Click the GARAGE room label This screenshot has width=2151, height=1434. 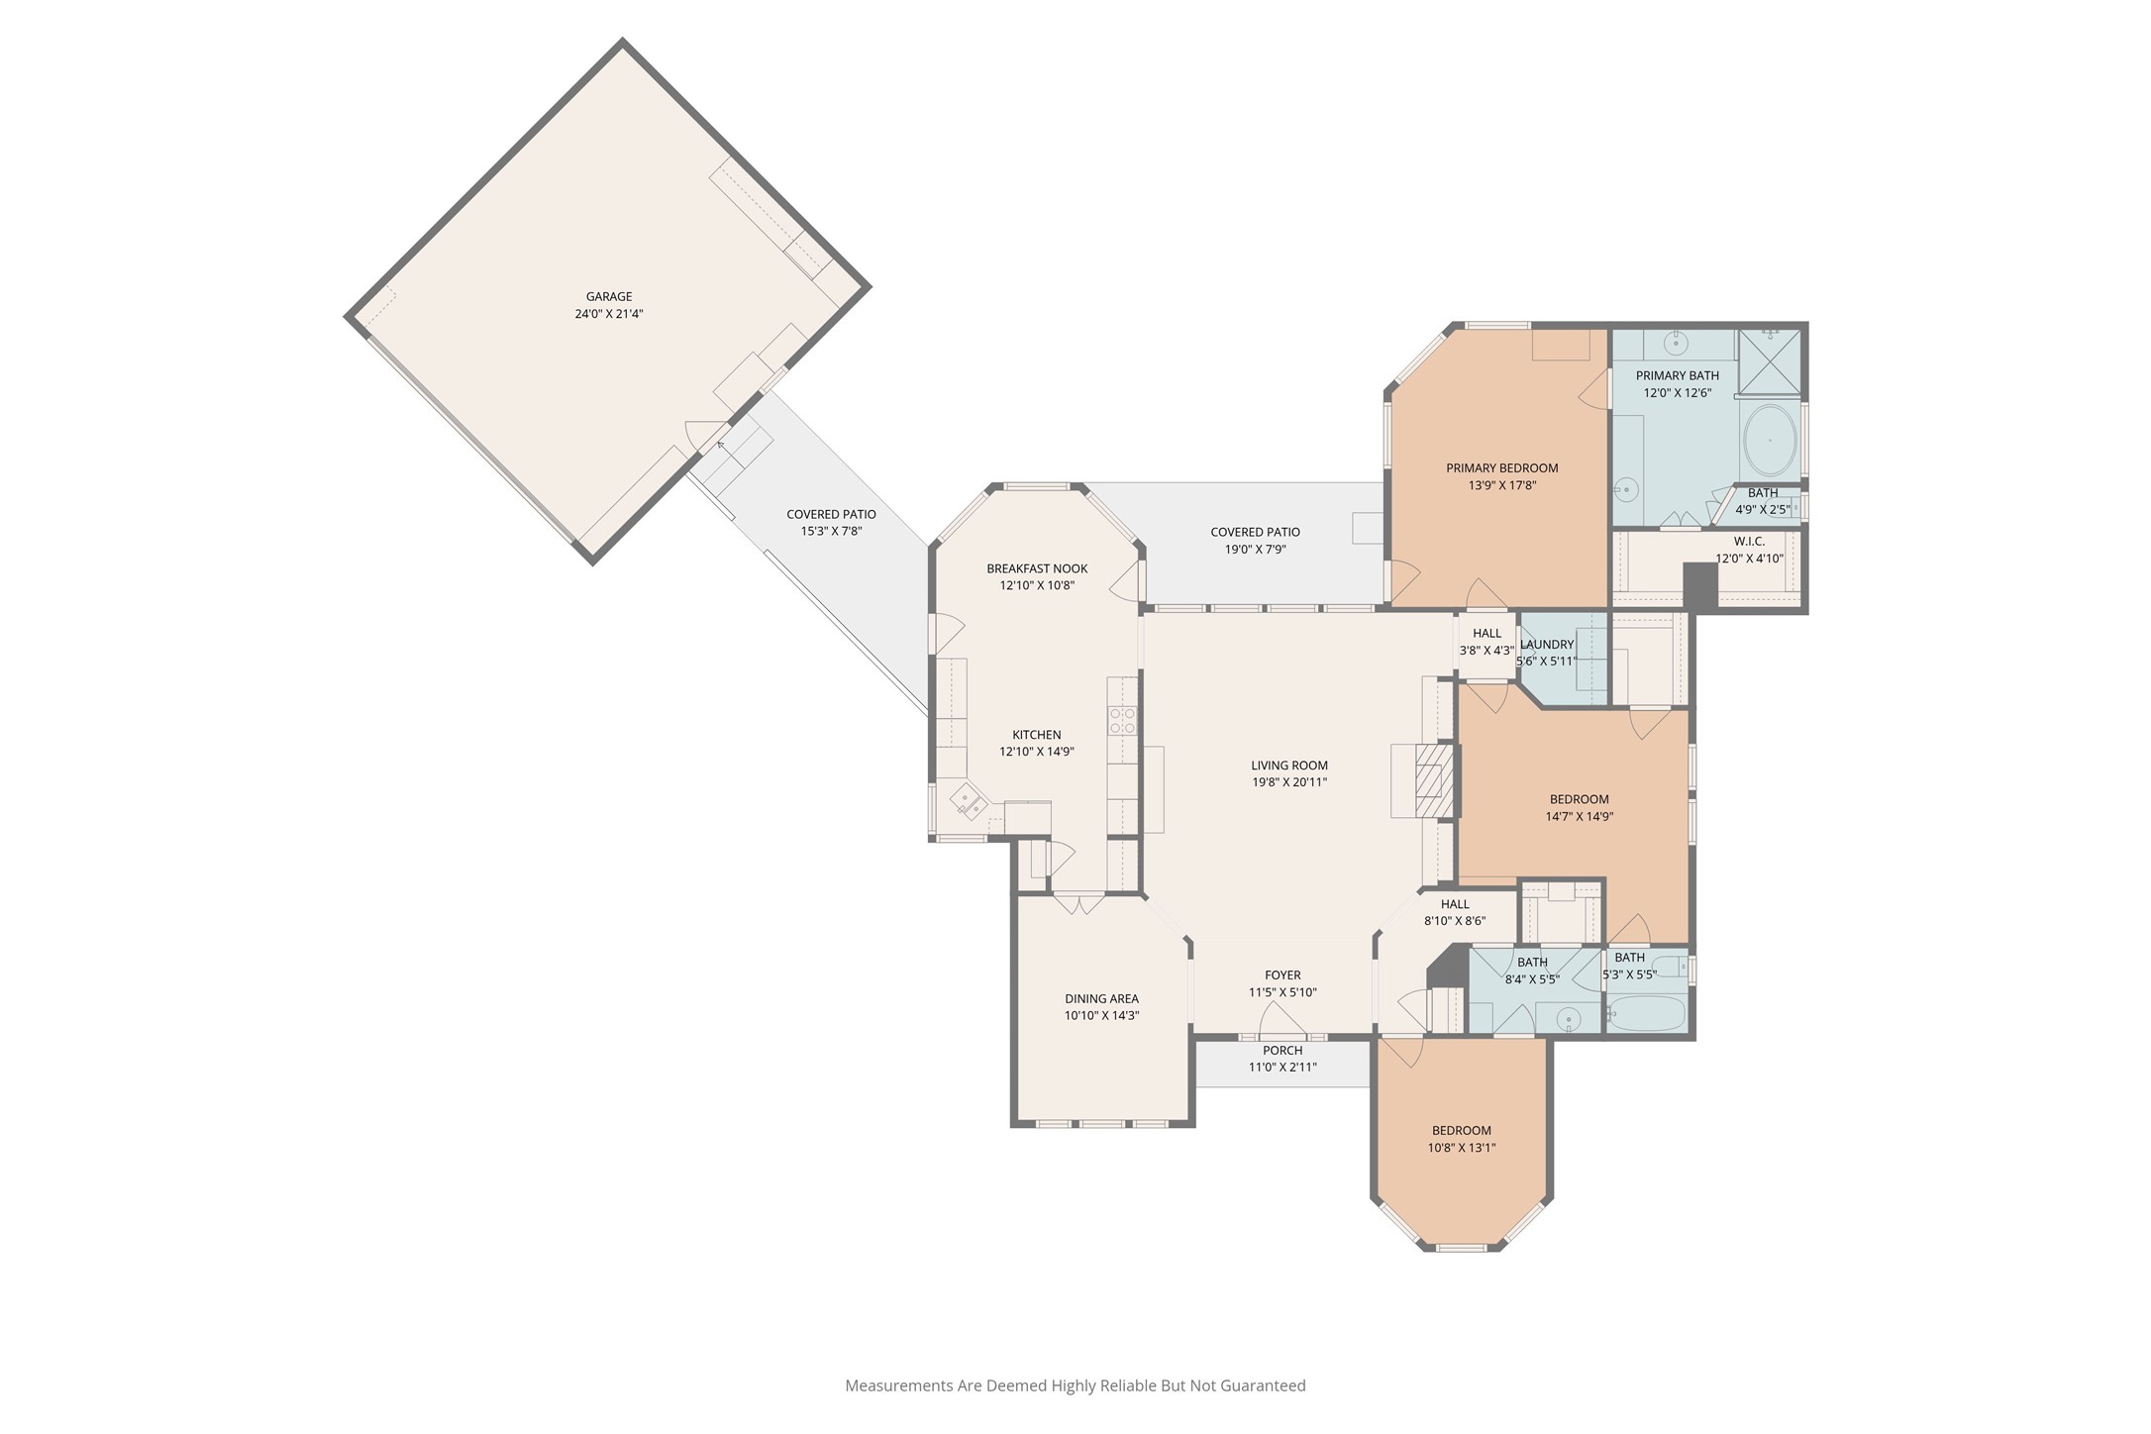coord(608,296)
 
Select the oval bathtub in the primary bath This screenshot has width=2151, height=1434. coord(1769,441)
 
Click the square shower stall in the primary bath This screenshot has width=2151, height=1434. coord(1770,361)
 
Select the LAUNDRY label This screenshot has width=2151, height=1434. coord(1546,645)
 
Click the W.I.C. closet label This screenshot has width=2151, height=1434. coord(1749,542)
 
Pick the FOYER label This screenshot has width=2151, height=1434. coord(1282,975)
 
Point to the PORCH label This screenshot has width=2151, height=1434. coord(1282,1051)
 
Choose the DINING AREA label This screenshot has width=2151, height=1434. coord(1101,998)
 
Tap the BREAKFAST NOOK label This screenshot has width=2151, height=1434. coord(1037,568)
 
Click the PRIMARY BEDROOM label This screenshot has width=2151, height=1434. coord(1501,468)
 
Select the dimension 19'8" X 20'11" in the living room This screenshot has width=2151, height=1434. coord(1289,782)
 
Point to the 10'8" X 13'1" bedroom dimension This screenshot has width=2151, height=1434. coord(1461,1148)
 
